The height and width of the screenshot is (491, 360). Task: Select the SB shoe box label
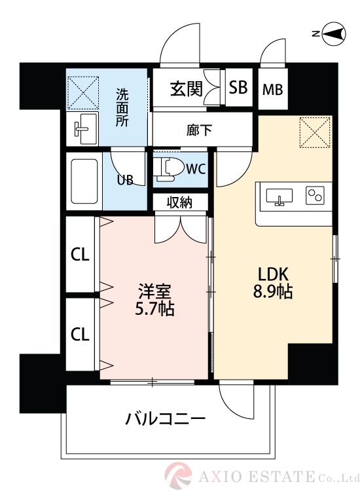[238, 88]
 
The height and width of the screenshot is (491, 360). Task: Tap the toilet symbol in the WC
[168, 168]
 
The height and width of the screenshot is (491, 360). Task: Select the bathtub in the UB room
[84, 182]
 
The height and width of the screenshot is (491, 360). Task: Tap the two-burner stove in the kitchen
[316, 195]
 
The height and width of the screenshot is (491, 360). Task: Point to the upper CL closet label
[80, 256]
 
